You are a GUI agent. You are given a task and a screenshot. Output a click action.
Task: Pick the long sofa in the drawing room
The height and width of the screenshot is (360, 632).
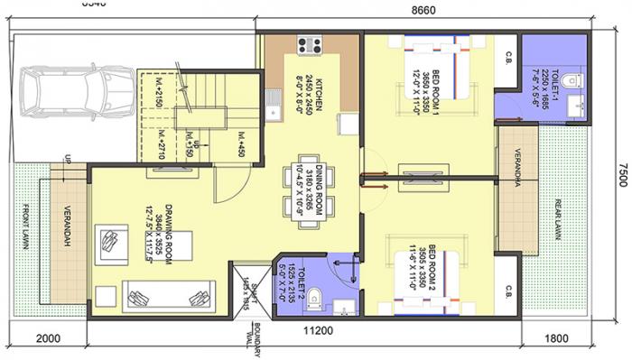coord(169,295)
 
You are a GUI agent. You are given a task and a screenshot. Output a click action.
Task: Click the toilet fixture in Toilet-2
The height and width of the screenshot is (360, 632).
coord(314,299)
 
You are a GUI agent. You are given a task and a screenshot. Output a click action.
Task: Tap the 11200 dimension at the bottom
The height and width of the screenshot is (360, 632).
coord(318,330)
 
